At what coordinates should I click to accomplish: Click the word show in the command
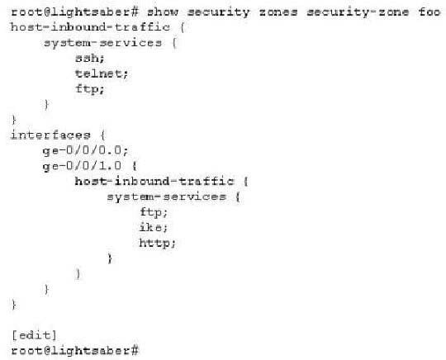click(163, 12)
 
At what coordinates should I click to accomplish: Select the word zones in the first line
click(278, 12)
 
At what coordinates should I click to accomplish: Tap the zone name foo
click(429, 12)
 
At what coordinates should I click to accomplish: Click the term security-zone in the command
click(358, 12)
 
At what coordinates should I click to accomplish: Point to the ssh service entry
click(89, 59)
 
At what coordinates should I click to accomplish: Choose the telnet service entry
click(102, 73)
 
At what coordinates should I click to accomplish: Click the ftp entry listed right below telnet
click(89, 89)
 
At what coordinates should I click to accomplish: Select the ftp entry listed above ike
click(154, 212)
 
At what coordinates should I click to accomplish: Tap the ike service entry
click(154, 227)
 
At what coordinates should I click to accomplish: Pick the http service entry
click(157, 243)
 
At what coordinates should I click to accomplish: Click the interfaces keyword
click(50, 135)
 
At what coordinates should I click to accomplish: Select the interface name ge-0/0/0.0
click(85, 150)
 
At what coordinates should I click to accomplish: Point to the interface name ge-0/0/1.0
click(82, 166)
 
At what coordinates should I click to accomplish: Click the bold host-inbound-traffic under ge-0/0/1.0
click(154, 181)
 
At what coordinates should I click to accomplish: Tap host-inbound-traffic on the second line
click(90, 27)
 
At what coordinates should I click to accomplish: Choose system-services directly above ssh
click(102, 43)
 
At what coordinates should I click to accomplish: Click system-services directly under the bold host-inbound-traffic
click(167, 197)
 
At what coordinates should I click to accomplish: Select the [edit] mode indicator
click(34, 335)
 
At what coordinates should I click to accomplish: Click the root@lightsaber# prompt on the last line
click(75, 351)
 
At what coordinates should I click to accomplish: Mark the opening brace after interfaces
click(103, 135)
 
